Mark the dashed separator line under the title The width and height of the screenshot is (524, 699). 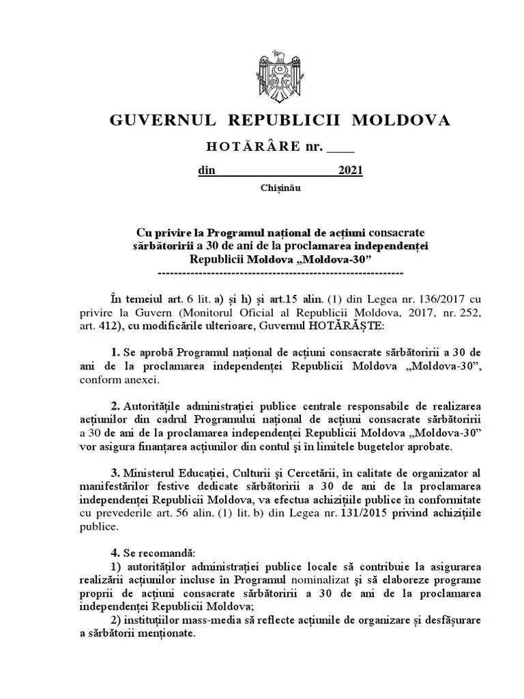pyautogui.click(x=280, y=274)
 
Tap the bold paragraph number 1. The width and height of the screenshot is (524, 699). pyautogui.click(x=115, y=352)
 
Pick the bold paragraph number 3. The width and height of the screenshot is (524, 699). pyautogui.click(x=115, y=472)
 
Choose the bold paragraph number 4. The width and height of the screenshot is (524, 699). pyautogui.click(x=115, y=552)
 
